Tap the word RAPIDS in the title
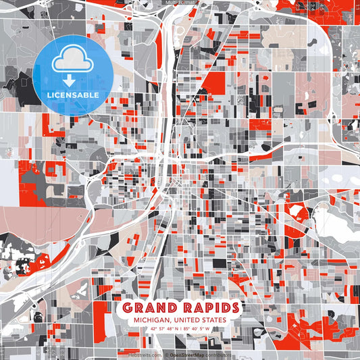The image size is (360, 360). click(207, 308)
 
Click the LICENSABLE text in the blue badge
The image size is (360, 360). click(73, 95)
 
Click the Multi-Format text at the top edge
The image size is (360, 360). click(180, 3)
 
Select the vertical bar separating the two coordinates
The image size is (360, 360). click(180, 329)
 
